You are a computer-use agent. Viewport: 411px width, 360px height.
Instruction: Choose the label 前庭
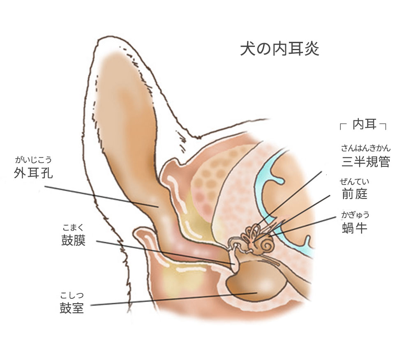click(354, 194)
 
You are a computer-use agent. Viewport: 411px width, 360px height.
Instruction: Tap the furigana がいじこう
click(33, 160)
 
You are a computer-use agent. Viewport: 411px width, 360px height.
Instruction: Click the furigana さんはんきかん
click(365, 149)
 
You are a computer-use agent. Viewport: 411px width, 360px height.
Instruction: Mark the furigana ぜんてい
click(354, 181)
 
